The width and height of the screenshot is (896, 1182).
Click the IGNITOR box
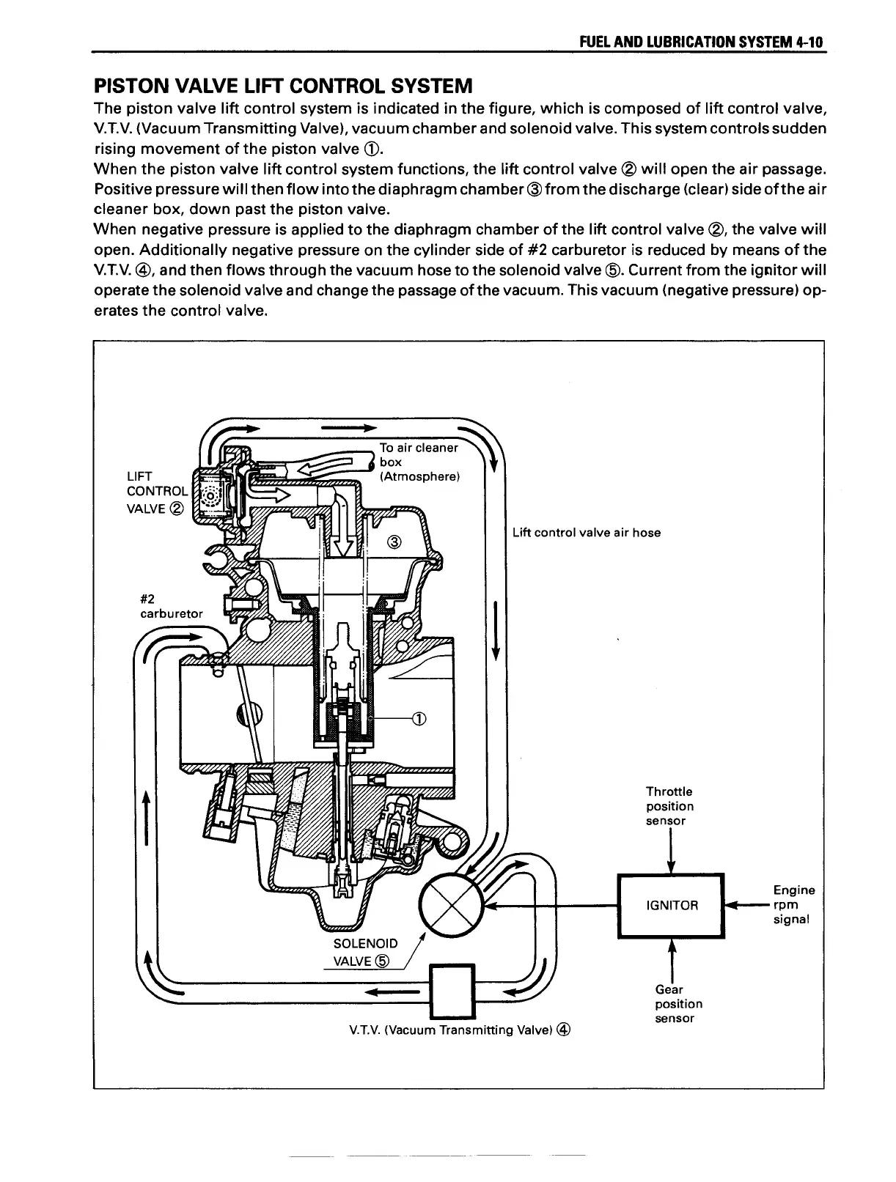[x=671, y=906]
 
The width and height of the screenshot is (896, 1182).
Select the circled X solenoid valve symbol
[x=450, y=906]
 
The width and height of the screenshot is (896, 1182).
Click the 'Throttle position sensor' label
[x=669, y=806]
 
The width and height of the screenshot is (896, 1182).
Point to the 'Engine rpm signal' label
[x=793, y=904]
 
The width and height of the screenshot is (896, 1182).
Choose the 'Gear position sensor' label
[x=678, y=1004]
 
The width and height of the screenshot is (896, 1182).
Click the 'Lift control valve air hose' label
[x=587, y=533]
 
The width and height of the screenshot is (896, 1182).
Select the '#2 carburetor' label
[x=171, y=606]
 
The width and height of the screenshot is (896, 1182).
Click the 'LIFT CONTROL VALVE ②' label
[x=156, y=492]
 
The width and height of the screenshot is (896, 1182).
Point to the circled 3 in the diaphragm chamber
[x=394, y=543]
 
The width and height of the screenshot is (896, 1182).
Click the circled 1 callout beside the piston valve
[x=419, y=718]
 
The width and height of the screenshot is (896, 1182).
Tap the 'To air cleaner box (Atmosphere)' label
[x=419, y=462]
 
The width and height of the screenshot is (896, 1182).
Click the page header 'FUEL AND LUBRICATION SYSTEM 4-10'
[x=702, y=42]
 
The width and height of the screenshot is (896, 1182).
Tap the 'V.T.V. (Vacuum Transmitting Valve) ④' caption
[x=460, y=1030]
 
